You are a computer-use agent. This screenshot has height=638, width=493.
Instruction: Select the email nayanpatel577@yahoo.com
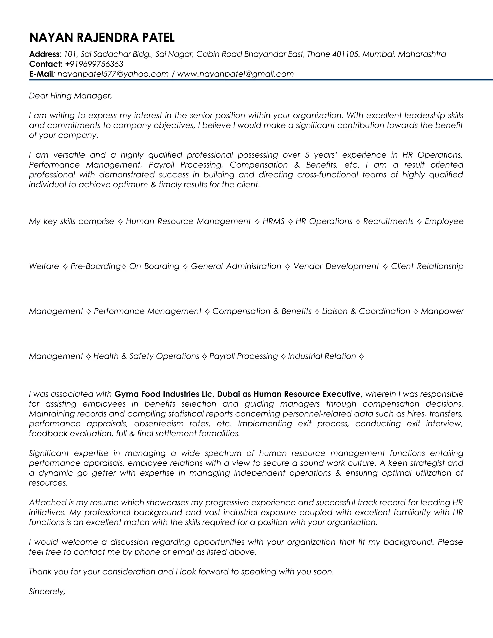point(113,74)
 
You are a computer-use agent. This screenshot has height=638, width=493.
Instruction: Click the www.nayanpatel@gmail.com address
point(235,74)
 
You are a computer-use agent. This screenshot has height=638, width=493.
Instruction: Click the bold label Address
point(44,54)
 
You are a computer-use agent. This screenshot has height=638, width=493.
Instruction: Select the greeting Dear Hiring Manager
point(70,96)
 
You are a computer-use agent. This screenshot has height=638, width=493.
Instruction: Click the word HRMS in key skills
point(273,221)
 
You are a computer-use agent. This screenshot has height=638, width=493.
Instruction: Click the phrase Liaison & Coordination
point(366,311)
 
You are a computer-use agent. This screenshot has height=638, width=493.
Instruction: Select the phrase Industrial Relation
point(322,356)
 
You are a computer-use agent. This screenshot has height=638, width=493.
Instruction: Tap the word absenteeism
point(159,423)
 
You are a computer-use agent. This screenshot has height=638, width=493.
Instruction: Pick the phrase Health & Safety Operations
point(146,356)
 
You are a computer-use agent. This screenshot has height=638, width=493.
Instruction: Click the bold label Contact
point(45,64)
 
